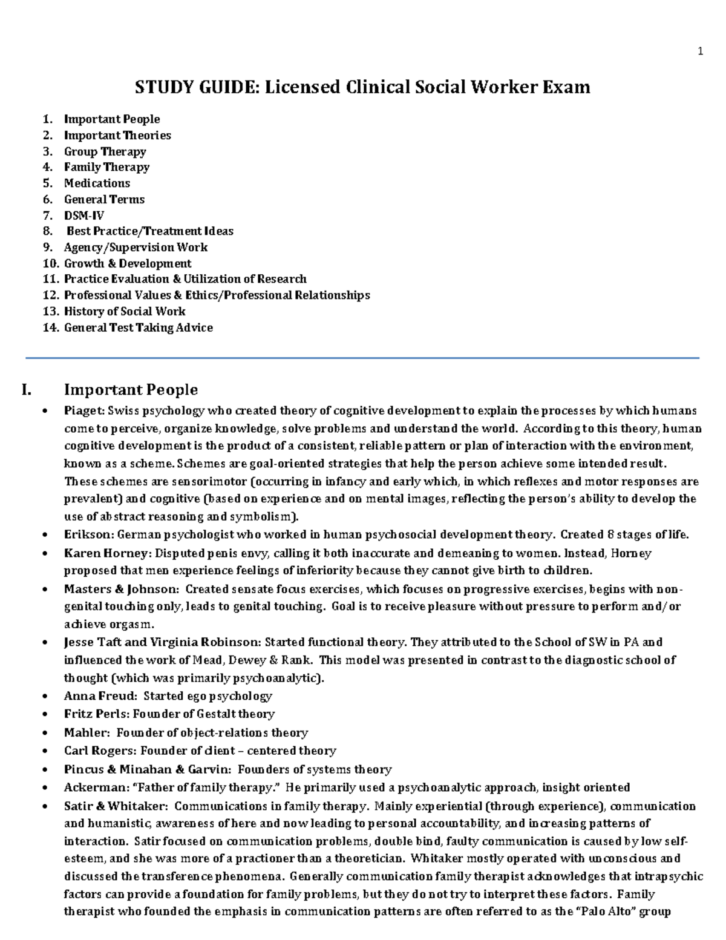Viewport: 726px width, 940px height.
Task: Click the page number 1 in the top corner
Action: [700, 52]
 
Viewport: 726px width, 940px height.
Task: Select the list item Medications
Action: [97, 183]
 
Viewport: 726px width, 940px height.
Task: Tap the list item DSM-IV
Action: [84, 215]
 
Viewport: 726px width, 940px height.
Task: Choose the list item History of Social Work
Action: [125, 311]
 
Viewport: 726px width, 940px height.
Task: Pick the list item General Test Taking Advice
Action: [138, 327]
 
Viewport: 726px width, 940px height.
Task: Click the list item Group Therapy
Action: [105, 151]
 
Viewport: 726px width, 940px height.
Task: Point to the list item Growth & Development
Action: [128, 263]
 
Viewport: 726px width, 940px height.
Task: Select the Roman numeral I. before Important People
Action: [27, 389]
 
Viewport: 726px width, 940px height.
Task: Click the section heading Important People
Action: [131, 389]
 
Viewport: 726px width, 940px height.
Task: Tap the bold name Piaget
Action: [84, 411]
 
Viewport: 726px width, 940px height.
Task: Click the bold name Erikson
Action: [89, 534]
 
